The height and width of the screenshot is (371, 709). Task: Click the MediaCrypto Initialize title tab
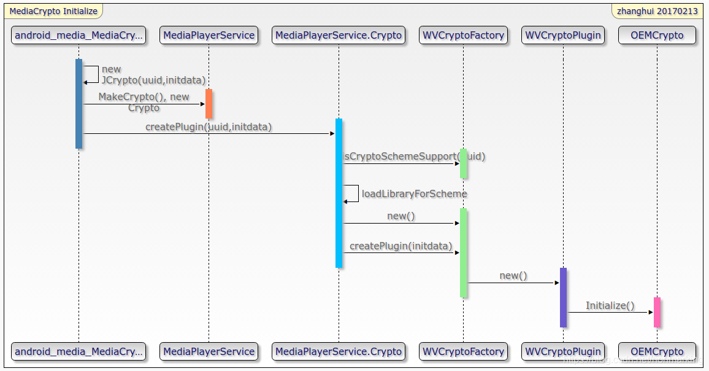point(53,11)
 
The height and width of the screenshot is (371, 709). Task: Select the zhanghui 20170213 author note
point(657,11)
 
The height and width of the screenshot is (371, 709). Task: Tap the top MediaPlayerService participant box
point(209,35)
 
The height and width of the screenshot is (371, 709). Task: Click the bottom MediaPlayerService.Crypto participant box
point(339,351)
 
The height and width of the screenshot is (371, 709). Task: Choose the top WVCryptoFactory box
point(463,35)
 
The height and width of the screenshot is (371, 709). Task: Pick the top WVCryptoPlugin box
point(563,35)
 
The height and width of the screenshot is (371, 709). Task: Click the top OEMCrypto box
point(657,35)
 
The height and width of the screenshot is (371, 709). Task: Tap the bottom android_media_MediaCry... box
point(79,351)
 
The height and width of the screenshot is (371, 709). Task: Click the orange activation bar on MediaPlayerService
point(209,104)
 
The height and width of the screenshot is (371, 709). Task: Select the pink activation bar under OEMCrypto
point(657,312)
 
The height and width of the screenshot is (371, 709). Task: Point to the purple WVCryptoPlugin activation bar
point(563,297)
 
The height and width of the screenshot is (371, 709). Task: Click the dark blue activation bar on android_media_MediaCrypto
point(79,103)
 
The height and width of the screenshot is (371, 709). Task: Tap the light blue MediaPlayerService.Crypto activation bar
point(339,193)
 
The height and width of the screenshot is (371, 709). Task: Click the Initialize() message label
point(610,305)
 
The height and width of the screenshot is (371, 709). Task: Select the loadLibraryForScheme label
point(414,193)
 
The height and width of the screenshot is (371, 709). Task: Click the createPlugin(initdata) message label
point(400,246)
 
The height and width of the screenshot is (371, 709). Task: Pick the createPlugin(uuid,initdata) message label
point(208,127)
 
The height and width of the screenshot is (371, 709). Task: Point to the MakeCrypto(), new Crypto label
point(144,102)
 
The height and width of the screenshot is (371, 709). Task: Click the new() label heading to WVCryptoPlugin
point(513,275)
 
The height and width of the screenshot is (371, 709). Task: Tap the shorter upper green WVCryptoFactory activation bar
point(463,163)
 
